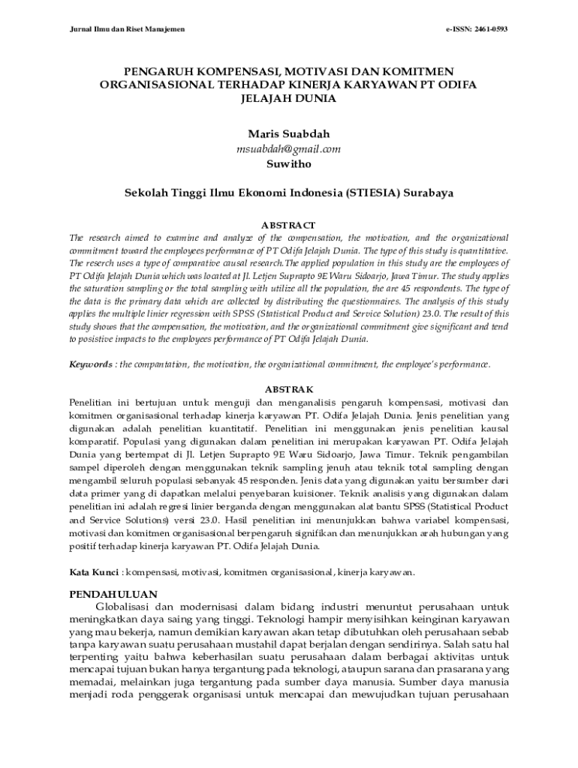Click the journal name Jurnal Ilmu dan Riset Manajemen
pyautogui.click(x=127, y=29)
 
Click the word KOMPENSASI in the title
pyautogui.click(x=233, y=71)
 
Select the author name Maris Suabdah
pyautogui.click(x=288, y=134)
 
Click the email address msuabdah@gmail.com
pyautogui.click(x=288, y=149)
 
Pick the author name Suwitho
pyautogui.click(x=288, y=163)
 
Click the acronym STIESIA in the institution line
pyautogui.click(x=372, y=193)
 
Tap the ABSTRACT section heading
pyautogui.click(x=288, y=225)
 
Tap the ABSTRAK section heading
pyautogui.click(x=288, y=390)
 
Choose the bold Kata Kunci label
pyautogui.click(x=94, y=572)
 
